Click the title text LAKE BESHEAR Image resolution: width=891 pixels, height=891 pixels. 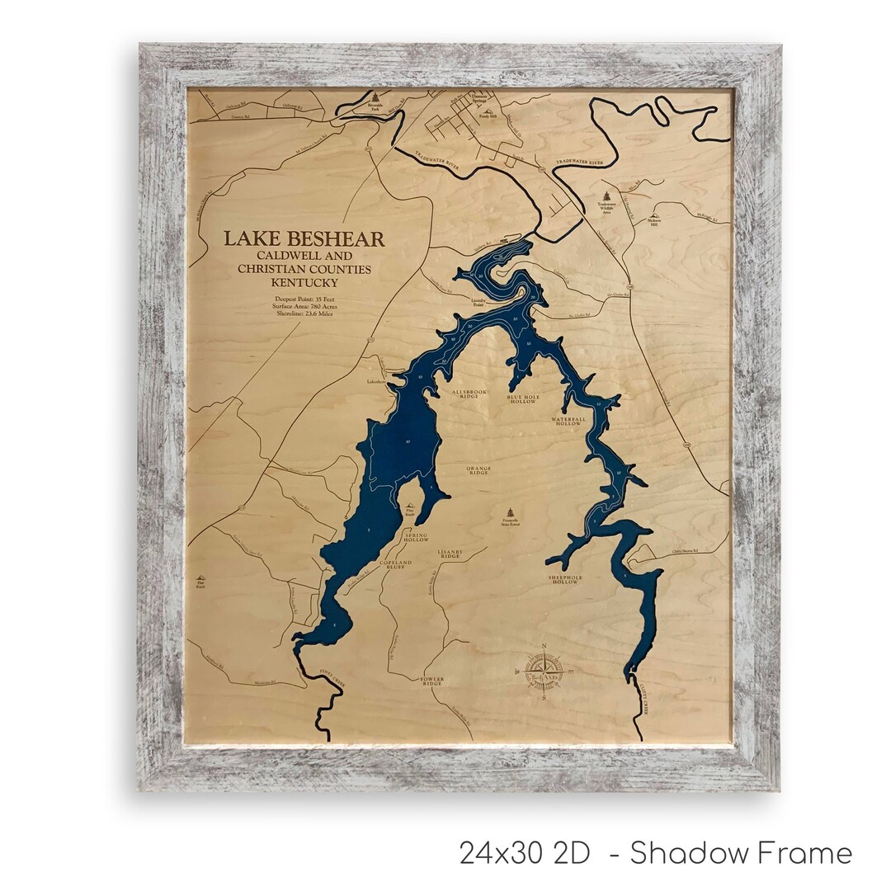point(304,239)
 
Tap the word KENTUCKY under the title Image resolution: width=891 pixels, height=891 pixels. point(304,282)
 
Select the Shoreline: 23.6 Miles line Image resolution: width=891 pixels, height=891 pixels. point(304,314)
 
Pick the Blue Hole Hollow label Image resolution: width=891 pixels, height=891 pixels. point(522,398)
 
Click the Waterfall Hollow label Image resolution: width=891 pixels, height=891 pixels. point(568,422)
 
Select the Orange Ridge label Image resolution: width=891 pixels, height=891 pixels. point(479,470)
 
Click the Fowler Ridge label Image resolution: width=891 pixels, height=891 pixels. point(432,681)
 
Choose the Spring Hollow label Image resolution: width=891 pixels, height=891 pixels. point(416,536)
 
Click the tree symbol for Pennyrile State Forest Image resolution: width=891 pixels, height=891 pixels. point(513,511)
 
